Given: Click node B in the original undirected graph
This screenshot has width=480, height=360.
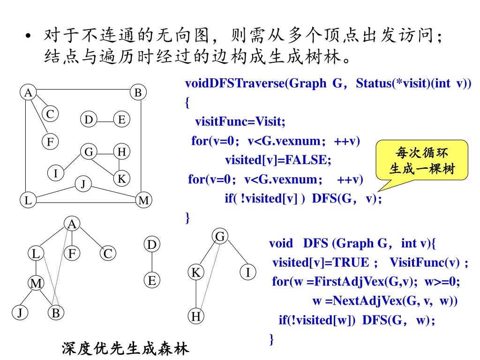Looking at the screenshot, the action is click(138, 93).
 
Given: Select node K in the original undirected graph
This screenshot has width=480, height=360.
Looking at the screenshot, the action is click(121, 179).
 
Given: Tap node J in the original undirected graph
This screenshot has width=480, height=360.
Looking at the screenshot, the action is click(83, 184).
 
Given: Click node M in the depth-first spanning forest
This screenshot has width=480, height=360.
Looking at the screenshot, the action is click(36, 284).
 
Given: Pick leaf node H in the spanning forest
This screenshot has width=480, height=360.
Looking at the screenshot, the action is click(196, 317).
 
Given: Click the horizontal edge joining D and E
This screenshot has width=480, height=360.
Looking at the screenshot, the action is click(105, 120).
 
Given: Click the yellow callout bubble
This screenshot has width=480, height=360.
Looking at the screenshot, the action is click(422, 160).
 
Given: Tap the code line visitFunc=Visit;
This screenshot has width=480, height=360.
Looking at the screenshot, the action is click(240, 122).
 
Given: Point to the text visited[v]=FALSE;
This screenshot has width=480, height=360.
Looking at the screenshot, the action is click(278, 160).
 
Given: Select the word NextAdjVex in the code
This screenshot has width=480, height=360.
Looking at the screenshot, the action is click(373, 301).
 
